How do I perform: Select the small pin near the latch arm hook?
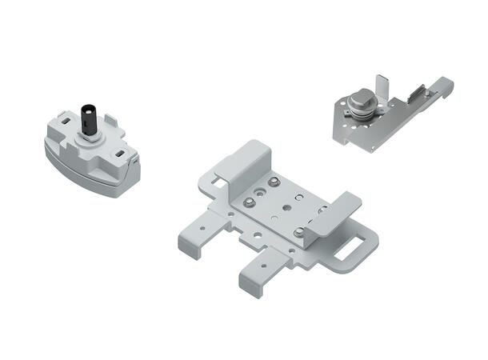point(427,94)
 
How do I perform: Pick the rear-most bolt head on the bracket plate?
point(274,183)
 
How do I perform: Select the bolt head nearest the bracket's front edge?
point(298,232)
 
